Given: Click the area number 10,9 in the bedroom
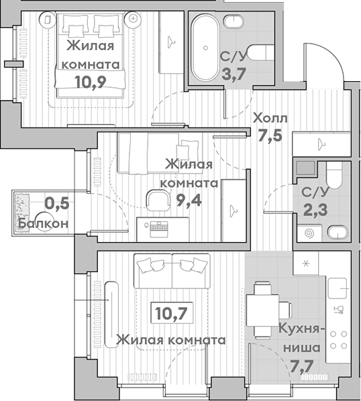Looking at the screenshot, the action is click(91, 82).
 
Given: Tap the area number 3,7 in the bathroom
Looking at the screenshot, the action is click(234, 74).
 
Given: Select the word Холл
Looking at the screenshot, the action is click(270, 119).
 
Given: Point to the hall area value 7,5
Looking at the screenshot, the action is click(270, 135).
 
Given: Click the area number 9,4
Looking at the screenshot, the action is click(189, 200).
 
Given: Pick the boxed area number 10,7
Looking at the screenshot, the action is click(171, 313).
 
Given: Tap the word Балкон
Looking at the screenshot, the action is click(43, 224).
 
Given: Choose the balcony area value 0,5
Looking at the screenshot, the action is click(57, 204).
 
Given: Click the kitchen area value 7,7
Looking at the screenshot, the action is click(302, 367).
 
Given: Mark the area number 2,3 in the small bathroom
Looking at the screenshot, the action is click(315, 210).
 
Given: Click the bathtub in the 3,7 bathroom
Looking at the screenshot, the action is click(205, 48).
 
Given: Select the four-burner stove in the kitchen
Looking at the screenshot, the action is click(338, 340).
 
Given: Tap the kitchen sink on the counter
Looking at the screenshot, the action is click(338, 288).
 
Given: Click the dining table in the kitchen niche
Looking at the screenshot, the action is click(263, 310).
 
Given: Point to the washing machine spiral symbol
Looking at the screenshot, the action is click(309, 233).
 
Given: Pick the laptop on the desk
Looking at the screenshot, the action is click(159, 229).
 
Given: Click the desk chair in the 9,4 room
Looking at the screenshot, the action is click(158, 200).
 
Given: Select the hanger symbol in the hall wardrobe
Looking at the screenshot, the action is click(321, 144).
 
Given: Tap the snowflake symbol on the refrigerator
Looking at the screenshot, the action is click(306, 263).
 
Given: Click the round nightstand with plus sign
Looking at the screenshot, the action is click(133, 18).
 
